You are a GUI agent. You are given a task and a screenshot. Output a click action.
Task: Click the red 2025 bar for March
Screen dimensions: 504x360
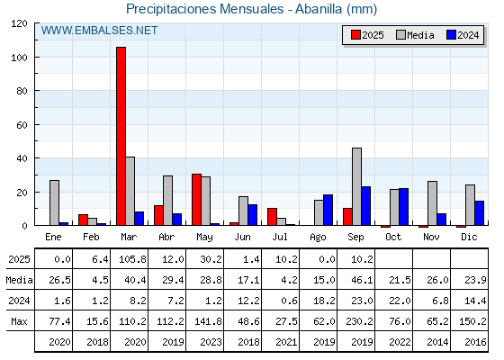tap(121, 136)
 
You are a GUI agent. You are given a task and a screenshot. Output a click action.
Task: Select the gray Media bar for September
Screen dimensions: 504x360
tap(356, 186)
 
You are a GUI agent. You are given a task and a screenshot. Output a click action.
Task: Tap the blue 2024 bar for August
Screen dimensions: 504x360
tap(328, 210)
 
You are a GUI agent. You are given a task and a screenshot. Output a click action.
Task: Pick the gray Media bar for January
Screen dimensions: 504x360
tap(54, 202)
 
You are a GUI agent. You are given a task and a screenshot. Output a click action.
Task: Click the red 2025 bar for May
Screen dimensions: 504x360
tap(197, 200)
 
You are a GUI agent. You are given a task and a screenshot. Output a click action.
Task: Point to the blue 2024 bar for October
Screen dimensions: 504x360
tap(404, 207)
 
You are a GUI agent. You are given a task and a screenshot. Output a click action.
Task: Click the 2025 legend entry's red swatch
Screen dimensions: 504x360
tap(355, 35)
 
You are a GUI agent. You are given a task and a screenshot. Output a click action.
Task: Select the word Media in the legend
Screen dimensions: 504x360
tap(420, 35)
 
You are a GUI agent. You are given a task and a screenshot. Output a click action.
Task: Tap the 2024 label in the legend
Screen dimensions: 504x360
tap(468, 35)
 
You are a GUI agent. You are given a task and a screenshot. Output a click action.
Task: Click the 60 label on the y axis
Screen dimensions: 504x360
tap(22, 125)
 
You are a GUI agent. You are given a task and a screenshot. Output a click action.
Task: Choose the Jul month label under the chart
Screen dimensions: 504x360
tap(280, 237)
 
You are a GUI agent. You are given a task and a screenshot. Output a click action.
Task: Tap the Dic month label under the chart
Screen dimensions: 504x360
tap(469, 237)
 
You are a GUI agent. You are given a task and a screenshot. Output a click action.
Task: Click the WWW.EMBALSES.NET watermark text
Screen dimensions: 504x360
tap(99, 31)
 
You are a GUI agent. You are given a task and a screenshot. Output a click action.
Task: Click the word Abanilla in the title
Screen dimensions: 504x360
tap(319, 9)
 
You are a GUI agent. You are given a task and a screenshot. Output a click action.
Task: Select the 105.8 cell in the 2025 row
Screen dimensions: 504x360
tap(132, 259)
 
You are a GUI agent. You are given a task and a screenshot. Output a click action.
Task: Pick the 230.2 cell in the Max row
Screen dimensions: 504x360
tap(359, 321)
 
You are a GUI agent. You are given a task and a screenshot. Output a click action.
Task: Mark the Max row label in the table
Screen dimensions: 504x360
tap(19, 321)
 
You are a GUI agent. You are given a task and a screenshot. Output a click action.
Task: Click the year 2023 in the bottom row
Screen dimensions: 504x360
tap(211, 342)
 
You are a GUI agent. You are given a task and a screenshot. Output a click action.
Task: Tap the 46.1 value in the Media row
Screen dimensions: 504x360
tap(362, 280)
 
